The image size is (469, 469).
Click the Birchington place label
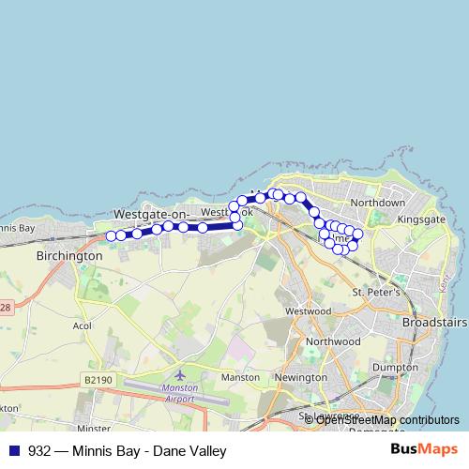point(68,255)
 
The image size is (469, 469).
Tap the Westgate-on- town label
point(151,214)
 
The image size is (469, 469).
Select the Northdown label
point(377,203)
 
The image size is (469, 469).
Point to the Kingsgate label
point(421,219)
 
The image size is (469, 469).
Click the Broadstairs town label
point(434,322)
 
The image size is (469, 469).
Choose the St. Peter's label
point(376,293)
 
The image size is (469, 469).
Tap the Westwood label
point(309,310)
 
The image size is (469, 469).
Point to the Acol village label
point(81,328)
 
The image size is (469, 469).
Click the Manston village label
point(239,377)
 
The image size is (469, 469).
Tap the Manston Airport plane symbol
point(193,373)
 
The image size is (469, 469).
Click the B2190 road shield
point(96,380)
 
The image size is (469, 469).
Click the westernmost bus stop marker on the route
point(111,235)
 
